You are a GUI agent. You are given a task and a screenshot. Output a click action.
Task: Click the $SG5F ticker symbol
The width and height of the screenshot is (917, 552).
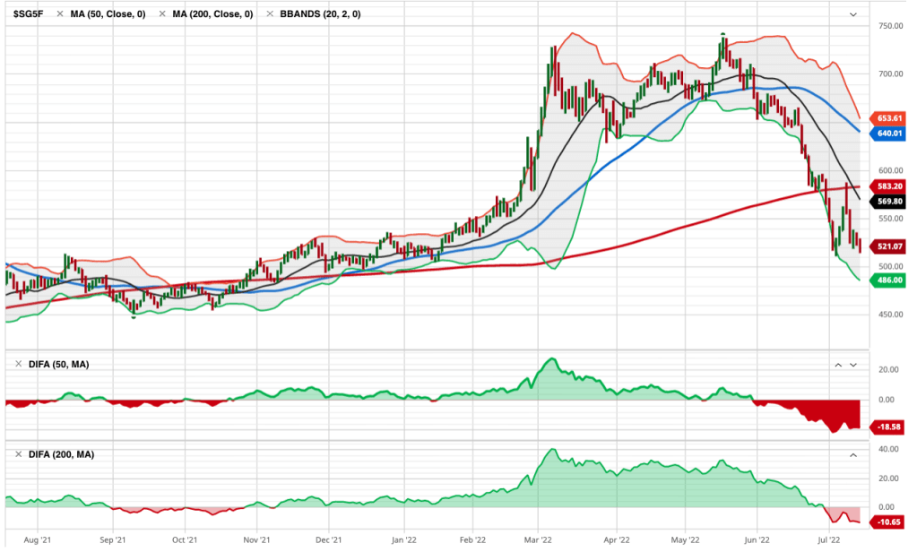(x=30, y=14)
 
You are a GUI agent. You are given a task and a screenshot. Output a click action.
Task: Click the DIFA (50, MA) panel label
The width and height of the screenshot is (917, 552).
(x=57, y=364)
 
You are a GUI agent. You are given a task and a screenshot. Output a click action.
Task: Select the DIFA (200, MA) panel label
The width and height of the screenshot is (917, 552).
(x=60, y=454)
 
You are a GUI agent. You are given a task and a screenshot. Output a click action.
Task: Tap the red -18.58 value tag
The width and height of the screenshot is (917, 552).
(x=887, y=428)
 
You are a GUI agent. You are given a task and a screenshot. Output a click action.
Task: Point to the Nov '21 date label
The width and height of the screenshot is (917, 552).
(x=257, y=540)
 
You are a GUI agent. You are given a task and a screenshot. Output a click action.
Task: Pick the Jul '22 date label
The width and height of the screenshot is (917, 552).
(x=829, y=540)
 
